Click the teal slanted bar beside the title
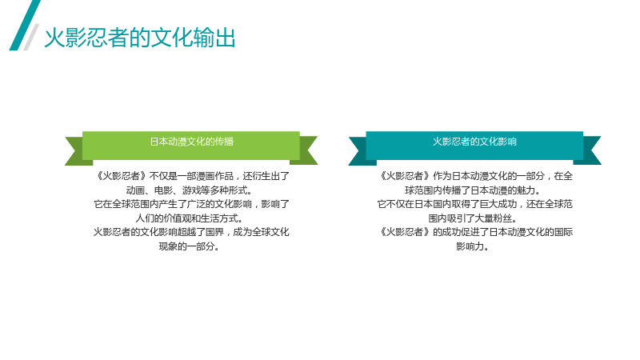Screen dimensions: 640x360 (25, 26)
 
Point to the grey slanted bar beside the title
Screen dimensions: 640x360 (31, 37)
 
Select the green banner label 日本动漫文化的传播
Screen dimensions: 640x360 (191, 142)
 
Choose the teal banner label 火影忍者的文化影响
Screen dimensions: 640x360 (474, 142)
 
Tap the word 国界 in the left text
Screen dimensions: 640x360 (214, 232)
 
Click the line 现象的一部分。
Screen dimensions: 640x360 (189, 246)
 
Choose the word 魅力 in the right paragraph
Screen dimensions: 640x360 (526, 190)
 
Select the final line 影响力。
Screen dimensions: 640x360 (472, 246)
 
